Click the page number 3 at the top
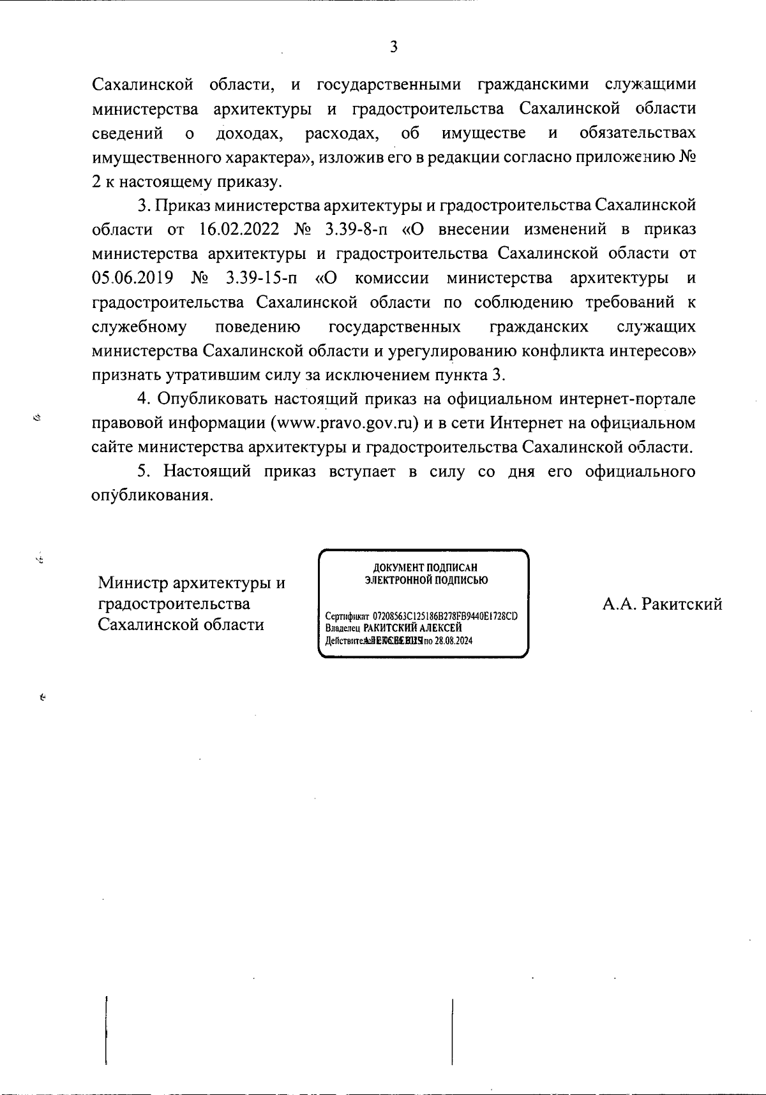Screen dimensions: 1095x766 click(394, 47)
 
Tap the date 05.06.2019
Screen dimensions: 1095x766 click(133, 278)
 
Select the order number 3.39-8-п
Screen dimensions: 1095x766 click(357, 230)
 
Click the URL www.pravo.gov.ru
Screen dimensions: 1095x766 click(345, 423)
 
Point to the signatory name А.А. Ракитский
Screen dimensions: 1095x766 click(662, 603)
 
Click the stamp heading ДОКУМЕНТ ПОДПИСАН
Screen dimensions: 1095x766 click(425, 568)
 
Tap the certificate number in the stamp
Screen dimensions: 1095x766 click(445, 617)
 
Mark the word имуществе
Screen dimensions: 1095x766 click(484, 133)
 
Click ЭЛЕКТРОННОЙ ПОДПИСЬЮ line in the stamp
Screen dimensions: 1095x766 click(426, 580)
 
